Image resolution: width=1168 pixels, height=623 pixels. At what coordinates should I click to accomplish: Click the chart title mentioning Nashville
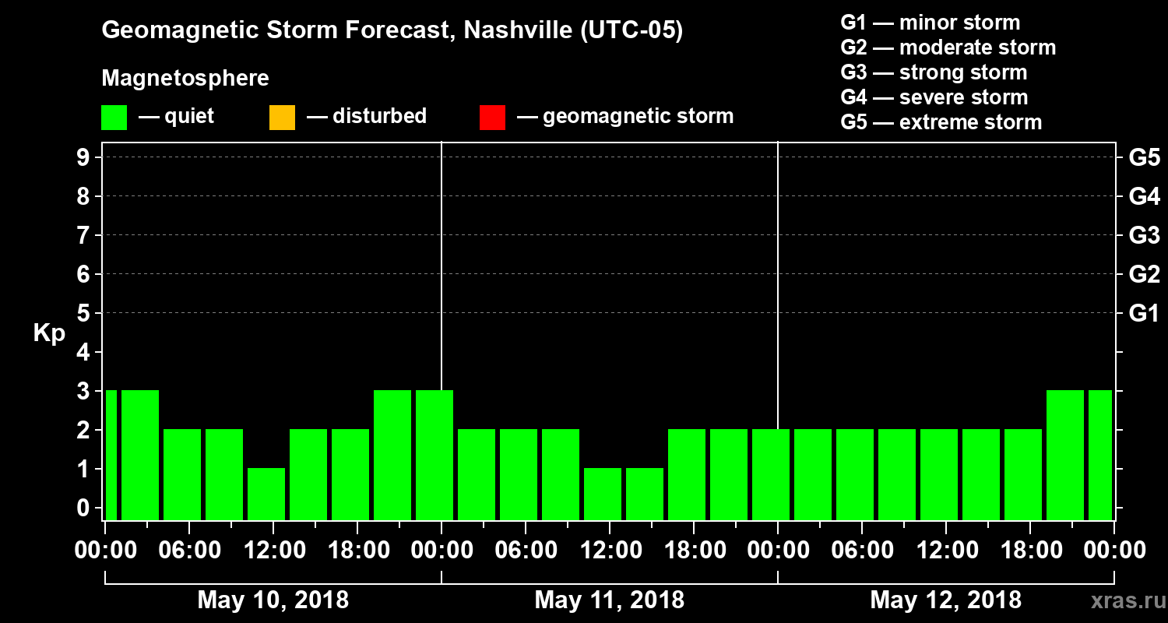[392, 31]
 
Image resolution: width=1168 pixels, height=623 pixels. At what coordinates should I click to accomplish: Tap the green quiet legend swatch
[114, 118]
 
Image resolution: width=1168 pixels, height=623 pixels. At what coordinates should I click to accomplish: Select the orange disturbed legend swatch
[282, 118]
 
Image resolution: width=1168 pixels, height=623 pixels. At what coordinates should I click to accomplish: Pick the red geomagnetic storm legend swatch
[492, 118]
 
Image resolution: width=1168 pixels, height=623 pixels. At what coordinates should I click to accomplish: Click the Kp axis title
[49, 333]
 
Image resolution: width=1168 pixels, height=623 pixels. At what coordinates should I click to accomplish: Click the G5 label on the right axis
[1144, 158]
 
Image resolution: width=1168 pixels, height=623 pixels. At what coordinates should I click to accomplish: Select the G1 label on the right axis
[1144, 314]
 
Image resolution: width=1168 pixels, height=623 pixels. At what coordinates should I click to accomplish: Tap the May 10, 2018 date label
[273, 600]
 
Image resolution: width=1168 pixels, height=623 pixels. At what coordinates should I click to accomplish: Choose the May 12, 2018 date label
[945, 600]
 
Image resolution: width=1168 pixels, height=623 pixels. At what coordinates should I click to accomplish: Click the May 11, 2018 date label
[609, 600]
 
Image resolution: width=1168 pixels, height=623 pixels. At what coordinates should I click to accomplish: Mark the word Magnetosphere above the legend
[185, 79]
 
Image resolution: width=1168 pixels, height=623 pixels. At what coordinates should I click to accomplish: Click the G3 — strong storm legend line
[934, 72]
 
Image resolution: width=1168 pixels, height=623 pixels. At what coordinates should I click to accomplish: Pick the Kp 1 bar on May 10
[266, 494]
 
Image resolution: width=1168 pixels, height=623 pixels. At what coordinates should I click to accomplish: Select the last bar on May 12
[1099, 455]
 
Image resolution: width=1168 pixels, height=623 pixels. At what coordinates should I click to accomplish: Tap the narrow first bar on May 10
[111, 455]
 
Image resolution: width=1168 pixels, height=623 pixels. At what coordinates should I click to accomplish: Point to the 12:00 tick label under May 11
[610, 551]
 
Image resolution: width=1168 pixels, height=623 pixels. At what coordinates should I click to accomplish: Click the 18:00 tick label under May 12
[1030, 551]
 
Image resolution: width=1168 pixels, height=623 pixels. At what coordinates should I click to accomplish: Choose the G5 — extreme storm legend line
[941, 122]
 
